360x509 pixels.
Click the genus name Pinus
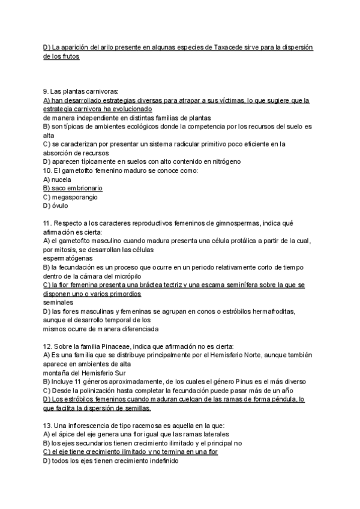[238, 381]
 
